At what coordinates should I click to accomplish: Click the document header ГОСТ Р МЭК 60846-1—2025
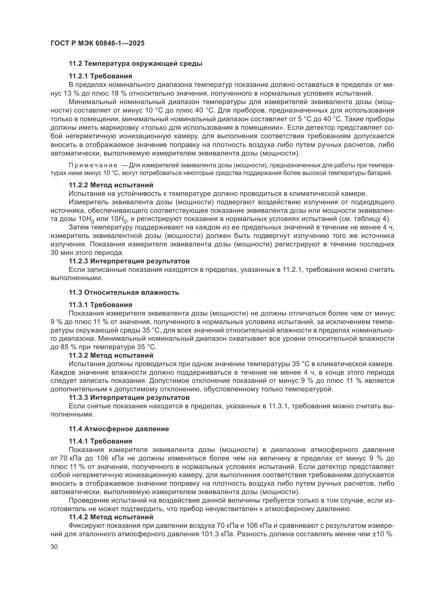[97, 43]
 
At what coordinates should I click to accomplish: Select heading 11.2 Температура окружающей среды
[135, 64]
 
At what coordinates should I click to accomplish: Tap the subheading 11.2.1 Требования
[100, 76]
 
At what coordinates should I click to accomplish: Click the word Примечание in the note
[93, 165]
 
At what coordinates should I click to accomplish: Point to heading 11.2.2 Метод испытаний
[111, 185]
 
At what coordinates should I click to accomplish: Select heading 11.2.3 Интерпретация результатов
[129, 261]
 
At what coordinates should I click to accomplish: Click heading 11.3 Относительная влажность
[124, 292]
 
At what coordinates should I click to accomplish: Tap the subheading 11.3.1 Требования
[100, 305]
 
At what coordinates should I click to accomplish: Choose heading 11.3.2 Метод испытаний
[111, 355]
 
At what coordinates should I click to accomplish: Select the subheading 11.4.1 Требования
[100, 441]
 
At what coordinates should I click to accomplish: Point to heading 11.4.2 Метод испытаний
[111, 517]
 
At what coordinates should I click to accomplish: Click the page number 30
[54, 547]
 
